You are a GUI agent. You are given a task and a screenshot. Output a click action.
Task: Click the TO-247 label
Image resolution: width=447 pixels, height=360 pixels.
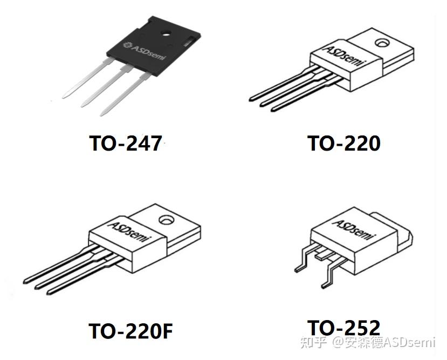pyautogui.click(x=126, y=144)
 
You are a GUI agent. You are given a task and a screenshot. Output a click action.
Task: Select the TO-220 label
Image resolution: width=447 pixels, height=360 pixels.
pyautogui.click(x=343, y=144)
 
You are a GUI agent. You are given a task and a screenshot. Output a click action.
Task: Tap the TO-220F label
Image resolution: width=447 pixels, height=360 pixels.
pyautogui.click(x=131, y=330)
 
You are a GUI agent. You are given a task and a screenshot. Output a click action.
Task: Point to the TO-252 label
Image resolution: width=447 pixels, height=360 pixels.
pyautogui.click(x=343, y=327)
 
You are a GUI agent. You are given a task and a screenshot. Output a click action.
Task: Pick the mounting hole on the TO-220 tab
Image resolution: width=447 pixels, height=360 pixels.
pyautogui.click(x=382, y=42)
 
